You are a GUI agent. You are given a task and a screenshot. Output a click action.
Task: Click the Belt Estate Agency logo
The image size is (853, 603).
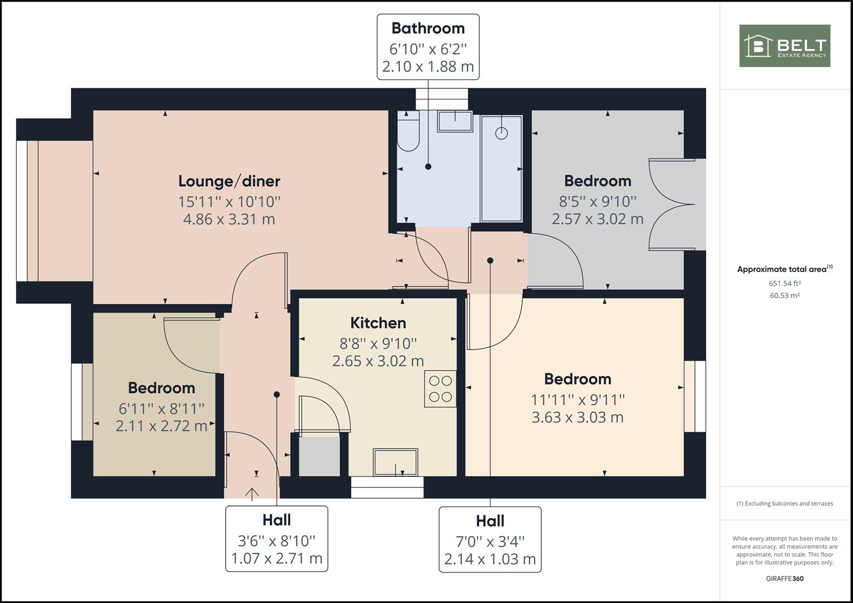[785, 46]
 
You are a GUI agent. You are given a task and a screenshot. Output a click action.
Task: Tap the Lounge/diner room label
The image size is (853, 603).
[229, 181]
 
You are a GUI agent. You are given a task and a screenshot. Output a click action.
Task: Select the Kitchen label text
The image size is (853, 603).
[378, 323]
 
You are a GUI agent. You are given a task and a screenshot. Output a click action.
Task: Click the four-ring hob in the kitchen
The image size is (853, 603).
[441, 389]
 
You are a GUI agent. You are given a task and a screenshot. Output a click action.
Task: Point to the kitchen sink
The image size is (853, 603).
[395, 462]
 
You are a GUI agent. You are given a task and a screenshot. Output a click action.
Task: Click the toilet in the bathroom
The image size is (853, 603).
[408, 131]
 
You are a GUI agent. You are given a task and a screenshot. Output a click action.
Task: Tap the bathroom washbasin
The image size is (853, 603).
[455, 122]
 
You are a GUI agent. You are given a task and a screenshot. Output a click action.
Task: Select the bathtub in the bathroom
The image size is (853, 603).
[502, 169]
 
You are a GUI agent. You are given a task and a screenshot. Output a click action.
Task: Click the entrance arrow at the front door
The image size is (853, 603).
[252, 492]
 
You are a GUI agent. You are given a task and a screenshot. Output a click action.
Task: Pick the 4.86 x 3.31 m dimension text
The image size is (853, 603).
[229, 219]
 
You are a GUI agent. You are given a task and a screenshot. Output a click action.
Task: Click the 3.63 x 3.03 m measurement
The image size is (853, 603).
[578, 418]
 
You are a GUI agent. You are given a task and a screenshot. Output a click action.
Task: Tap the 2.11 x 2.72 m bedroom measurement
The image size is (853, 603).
[161, 426]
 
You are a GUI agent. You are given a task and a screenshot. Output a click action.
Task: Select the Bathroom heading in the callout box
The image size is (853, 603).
[428, 28]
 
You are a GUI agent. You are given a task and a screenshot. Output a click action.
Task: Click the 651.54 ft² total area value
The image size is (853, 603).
[785, 283]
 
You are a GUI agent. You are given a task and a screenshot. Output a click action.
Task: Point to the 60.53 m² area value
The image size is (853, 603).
[785, 295]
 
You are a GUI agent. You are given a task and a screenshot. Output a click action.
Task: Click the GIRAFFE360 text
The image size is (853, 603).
[785, 578]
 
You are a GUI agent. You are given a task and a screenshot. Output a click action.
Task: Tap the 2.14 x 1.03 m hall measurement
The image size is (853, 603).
[490, 559]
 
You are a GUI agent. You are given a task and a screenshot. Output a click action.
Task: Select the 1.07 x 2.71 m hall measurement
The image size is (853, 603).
[277, 558]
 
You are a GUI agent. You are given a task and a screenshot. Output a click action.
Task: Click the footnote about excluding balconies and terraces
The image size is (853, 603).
[785, 504]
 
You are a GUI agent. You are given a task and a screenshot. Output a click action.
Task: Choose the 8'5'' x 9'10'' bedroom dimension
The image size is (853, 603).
[598, 202]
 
